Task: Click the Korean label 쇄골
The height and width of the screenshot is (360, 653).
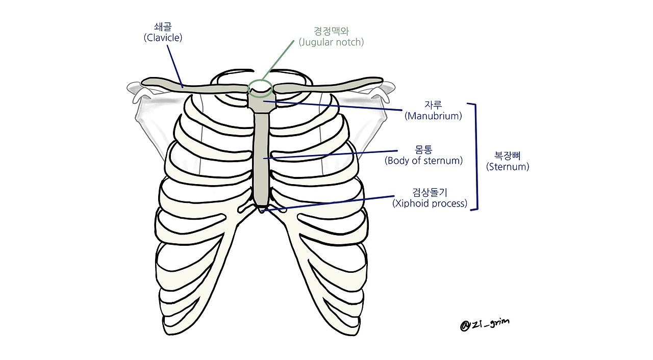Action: [x=163, y=27]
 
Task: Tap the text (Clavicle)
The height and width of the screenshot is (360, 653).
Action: [x=163, y=38]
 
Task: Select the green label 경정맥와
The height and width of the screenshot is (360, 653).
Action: [x=332, y=31]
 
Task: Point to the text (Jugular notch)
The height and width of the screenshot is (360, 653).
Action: [x=332, y=42]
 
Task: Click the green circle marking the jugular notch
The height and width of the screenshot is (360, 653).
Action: [x=261, y=88]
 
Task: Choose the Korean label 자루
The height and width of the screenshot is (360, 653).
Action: [x=433, y=105]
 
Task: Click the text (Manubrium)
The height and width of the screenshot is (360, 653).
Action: [x=433, y=116]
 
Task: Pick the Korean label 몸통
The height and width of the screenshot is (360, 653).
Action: [x=423, y=150]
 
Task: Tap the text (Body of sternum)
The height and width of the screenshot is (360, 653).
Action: [x=423, y=161]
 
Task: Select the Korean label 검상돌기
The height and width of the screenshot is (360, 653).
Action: [x=430, y=193]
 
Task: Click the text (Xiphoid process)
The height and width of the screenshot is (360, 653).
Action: [x=430, y=203]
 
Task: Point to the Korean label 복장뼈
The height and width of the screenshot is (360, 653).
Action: [x=508, y=156]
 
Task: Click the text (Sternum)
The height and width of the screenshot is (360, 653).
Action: [x=508, y=167]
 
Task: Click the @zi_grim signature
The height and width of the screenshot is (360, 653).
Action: [x=484, y=324]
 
